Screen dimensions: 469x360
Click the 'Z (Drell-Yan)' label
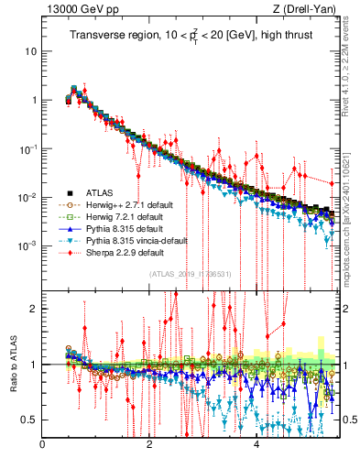[307, 10]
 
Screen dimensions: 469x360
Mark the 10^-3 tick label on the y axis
[27, 246]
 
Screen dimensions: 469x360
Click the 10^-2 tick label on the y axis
[27, 198]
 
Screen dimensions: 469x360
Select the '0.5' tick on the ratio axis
[31, 420]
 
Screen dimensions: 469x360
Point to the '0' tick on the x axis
[43, 446]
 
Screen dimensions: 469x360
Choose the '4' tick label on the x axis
[256, 446]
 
